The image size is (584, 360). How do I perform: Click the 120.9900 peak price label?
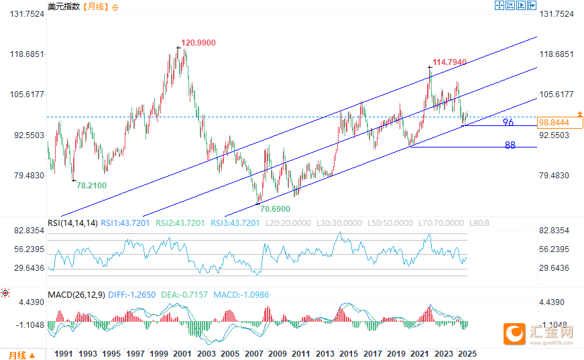(198, 42)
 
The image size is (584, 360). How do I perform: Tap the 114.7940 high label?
(449, 62)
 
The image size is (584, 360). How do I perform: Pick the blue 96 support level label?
(508, 123)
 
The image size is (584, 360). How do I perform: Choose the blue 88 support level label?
(510, 145)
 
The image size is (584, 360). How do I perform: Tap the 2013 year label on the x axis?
(325, 354)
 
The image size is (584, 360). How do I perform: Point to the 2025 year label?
(467, 354)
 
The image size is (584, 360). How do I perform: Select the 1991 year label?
(64, 354)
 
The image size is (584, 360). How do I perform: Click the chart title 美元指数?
(64, 7)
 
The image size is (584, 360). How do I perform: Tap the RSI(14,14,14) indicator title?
(73, 223)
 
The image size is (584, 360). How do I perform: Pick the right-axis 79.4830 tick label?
(554, 176)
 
